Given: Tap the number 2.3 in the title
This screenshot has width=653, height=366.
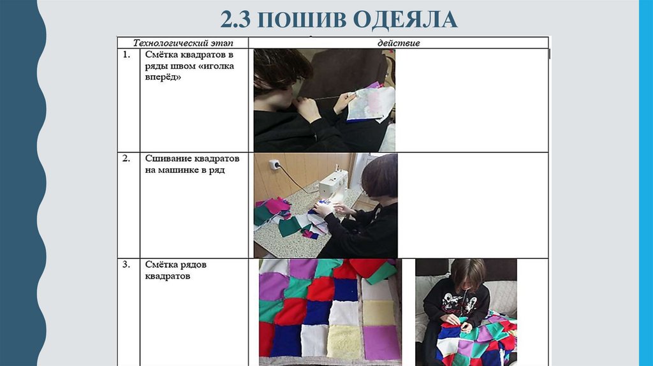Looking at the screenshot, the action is (x=235, y=20).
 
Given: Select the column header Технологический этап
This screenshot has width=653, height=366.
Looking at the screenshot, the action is (x=183, y=43).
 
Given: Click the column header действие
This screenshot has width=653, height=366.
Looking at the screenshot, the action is (x=399, y=43).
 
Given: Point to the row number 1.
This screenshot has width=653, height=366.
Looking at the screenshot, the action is (x=126, y=55).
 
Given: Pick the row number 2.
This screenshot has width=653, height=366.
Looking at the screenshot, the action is (x=126, y=159).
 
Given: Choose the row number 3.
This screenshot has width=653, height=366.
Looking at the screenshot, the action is (x=126, y=265).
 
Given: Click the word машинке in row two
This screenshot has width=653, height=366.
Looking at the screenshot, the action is (x=179, y=170).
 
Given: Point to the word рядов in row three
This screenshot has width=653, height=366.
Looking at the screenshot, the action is (x=193, y=265).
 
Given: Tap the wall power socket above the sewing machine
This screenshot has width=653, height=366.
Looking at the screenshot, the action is (x=274, y=165).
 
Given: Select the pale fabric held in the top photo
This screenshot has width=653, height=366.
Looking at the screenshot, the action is (x=371, y=103).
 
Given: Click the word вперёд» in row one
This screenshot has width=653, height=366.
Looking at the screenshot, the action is (x=163, y=77).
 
